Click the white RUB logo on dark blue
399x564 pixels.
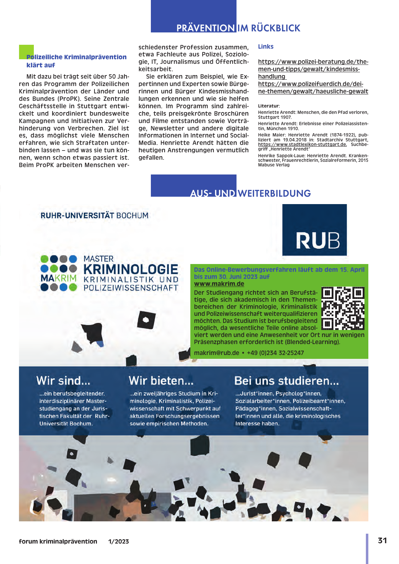(318, 240)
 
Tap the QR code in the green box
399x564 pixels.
(343, 308)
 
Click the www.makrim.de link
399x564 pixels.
(219, 284)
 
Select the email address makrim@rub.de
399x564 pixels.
(216, 353)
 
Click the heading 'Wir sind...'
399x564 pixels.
(63, 381)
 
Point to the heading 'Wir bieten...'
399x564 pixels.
(161, 381)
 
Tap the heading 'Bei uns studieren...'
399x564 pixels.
(286, 381)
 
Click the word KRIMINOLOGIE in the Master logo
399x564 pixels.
(131, 269)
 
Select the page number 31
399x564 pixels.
(382, 540)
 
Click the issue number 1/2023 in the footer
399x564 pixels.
(118, 541)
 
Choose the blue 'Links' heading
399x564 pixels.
(266, 47)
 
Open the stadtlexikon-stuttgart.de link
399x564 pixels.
(302, 144)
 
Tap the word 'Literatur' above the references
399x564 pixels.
(268, 106)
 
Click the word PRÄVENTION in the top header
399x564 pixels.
(205, 28)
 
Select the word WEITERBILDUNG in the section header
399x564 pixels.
(274, 194)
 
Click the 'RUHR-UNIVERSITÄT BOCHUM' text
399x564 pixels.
(94, 215)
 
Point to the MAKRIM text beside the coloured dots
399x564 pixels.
(59, 278)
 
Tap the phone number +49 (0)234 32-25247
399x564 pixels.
(275, 353)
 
